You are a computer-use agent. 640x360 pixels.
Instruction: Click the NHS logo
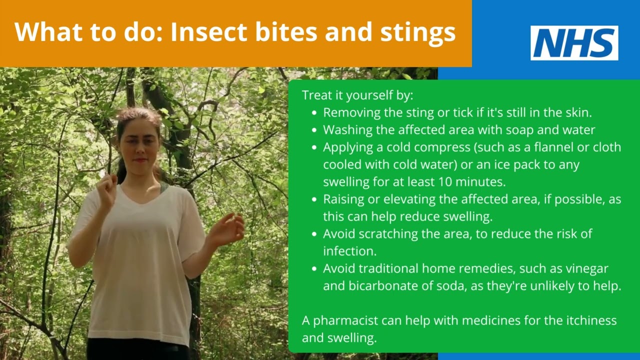point(574,43)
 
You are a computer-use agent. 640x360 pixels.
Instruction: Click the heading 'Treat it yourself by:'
point(357,95)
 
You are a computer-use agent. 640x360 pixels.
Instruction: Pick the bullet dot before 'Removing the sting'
point(314,113)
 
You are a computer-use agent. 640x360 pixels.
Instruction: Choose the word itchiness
point(586,320)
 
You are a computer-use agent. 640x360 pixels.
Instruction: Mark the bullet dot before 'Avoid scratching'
point(314,234)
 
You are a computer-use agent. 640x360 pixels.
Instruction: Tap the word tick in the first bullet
point(462,112)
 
